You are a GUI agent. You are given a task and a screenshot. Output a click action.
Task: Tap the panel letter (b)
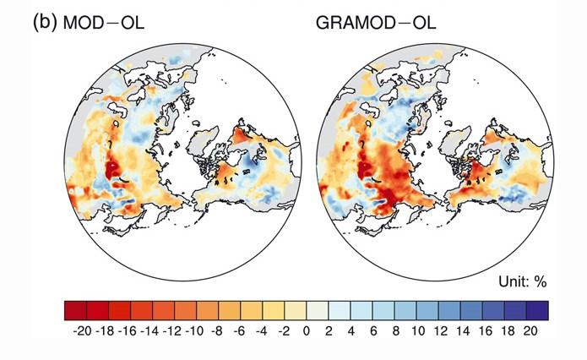(x=44, y=23)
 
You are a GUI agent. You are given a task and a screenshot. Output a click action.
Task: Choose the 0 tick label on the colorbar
(x=306, y=331)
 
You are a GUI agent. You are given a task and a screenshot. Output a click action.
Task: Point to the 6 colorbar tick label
(x=372, y=331)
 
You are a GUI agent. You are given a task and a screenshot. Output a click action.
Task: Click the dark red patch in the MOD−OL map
(x=111, y=169)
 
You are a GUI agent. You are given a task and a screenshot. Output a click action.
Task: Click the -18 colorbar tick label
(x=105, y=331)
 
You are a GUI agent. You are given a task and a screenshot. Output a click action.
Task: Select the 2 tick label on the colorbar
(x=329, y=331)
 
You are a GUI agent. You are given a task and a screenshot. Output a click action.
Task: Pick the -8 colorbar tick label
(x=216, y=331)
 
